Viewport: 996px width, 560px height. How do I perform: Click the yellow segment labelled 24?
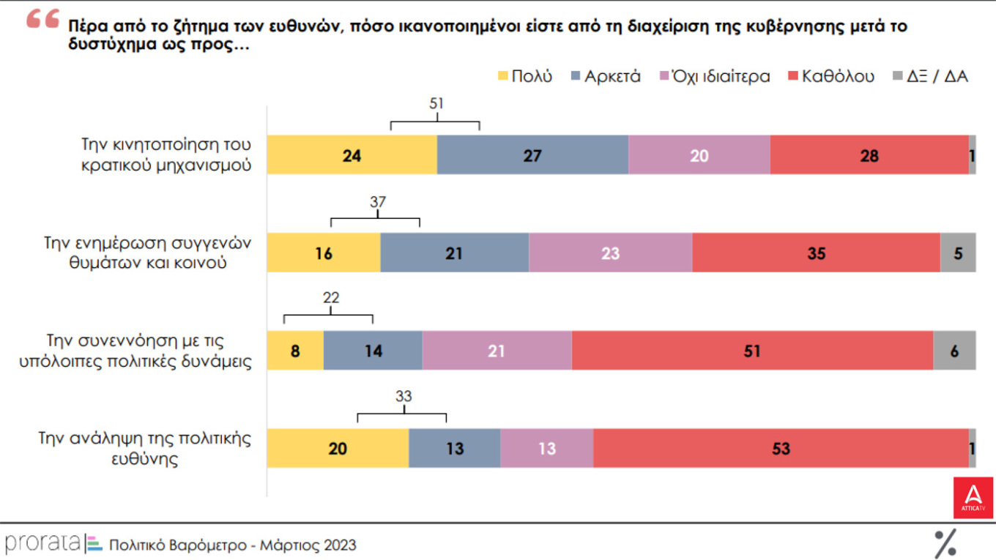352,155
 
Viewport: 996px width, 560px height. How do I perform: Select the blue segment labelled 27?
532,155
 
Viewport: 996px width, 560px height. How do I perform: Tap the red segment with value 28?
869,155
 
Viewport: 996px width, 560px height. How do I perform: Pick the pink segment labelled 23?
610,253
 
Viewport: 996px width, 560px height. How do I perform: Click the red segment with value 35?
816,253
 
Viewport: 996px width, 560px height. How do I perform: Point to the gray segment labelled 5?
958,253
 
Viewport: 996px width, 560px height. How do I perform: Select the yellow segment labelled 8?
295,351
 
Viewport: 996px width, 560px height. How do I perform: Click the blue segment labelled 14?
373,351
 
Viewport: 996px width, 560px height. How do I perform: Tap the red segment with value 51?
752,351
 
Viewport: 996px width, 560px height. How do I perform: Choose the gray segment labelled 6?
954,351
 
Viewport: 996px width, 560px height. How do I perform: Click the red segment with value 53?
781,448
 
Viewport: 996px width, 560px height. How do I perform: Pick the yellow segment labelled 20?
338,448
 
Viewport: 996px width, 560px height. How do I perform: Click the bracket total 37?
378,202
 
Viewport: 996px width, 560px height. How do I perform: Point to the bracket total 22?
330,298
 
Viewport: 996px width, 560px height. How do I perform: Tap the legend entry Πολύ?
524,76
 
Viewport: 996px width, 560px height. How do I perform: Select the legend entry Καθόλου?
830,76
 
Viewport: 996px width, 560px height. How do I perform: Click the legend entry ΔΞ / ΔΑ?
930,76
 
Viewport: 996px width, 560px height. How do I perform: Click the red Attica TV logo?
973,498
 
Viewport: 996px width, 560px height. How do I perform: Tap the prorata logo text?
42,544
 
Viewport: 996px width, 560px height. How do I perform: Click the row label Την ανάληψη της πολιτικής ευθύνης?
144,449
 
